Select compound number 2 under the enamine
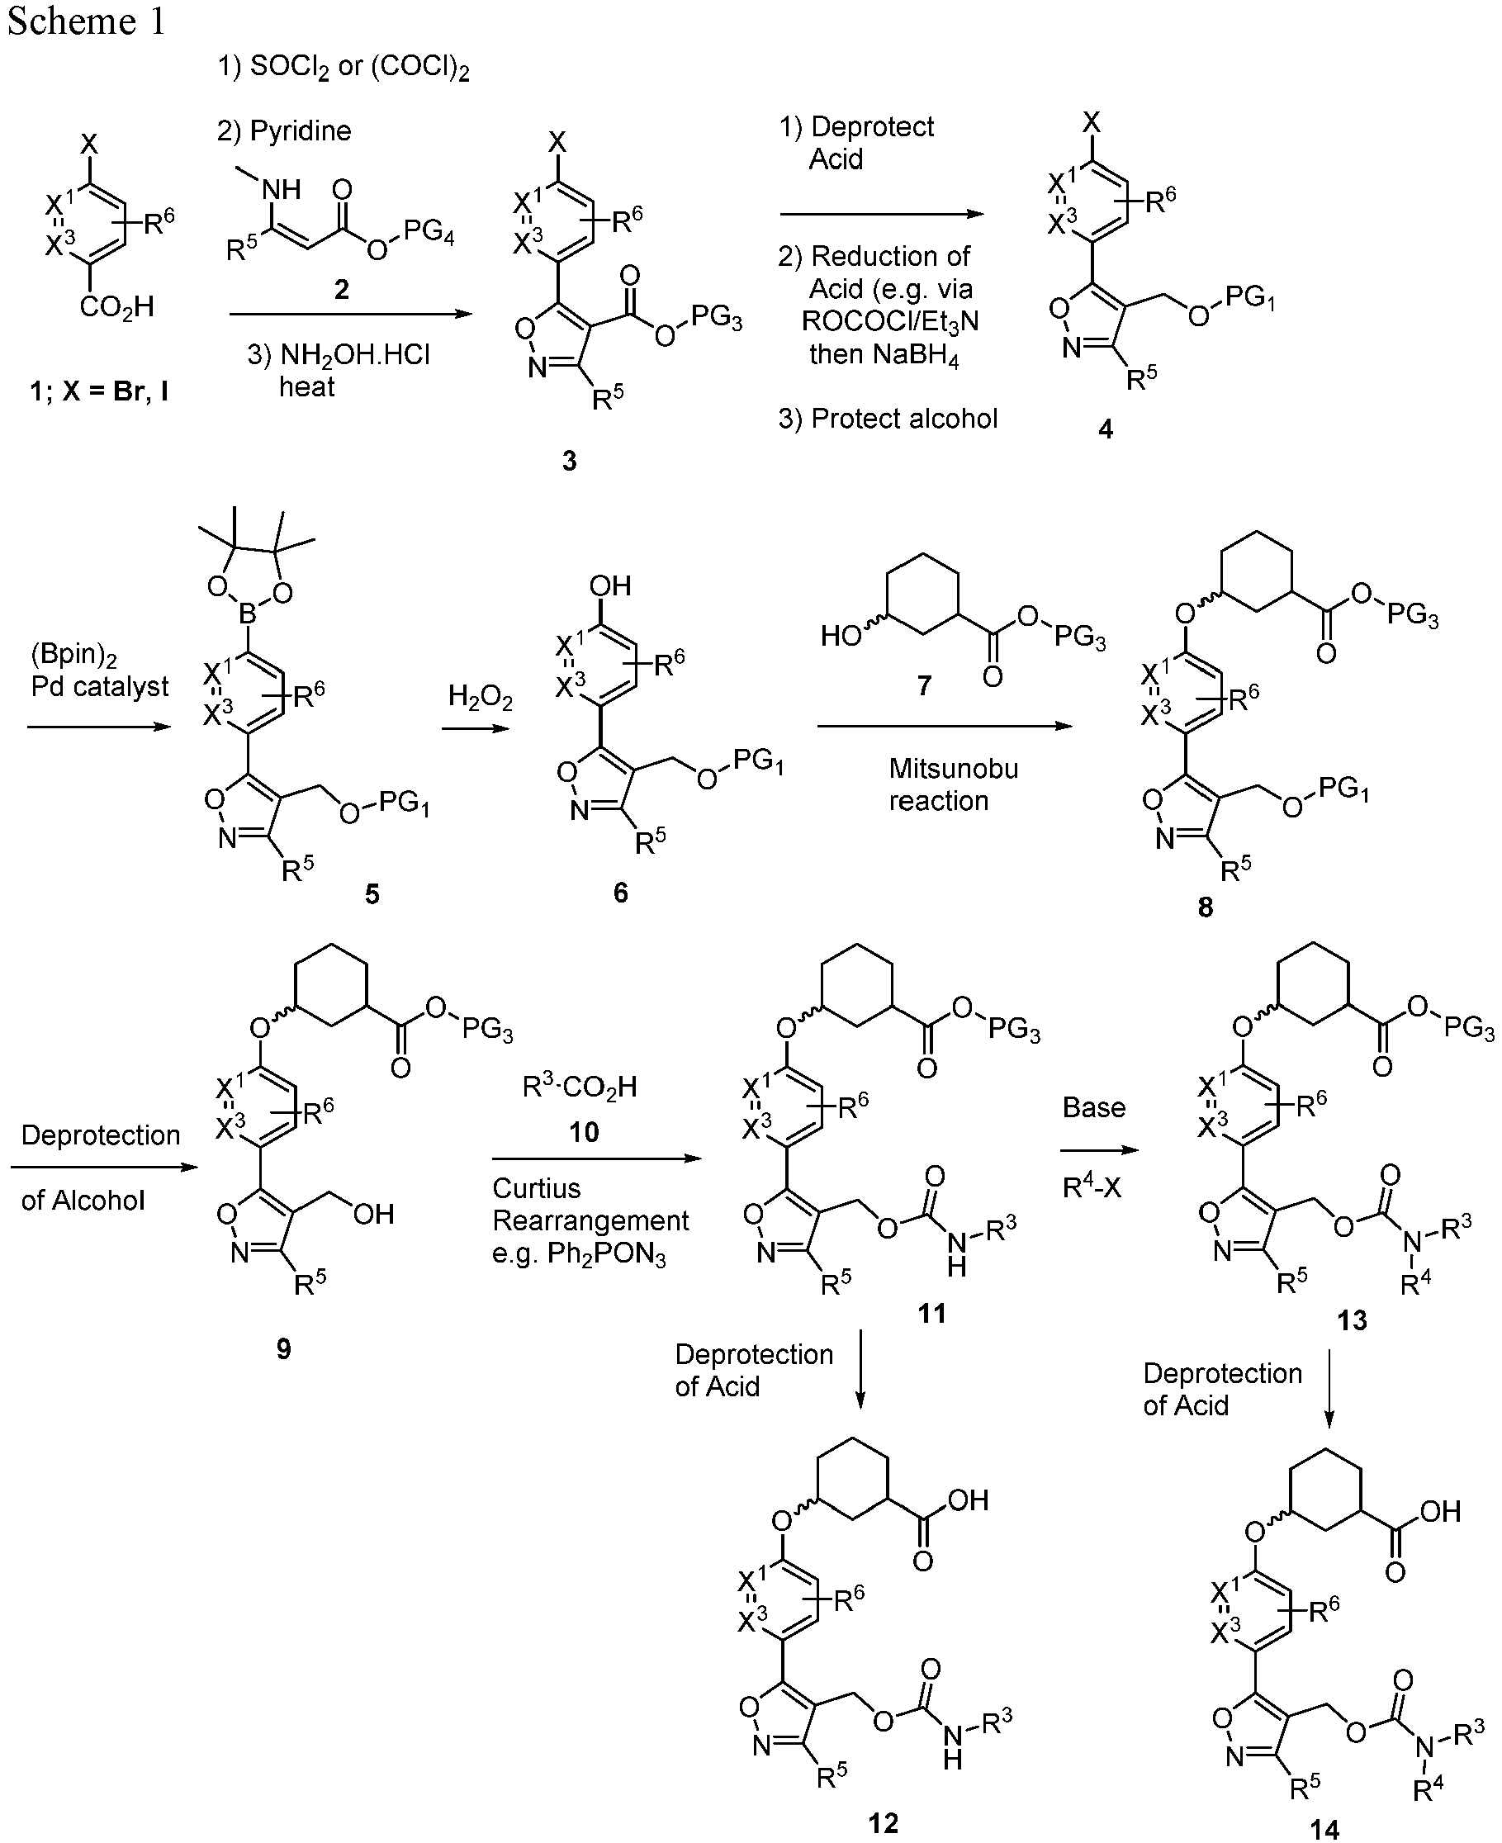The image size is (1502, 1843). (x=342, y=289)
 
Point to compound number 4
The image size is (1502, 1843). (x=1106, y=429)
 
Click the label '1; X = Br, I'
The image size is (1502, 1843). (x=99, y=391)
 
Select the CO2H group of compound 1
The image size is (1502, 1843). (x=116, y=306)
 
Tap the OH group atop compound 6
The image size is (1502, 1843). (x=610, y=585)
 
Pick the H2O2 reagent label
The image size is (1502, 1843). (x=481, y=697)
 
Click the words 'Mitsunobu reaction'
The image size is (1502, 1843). (x=953, y=784)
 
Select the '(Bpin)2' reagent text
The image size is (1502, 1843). (x=74, y=654)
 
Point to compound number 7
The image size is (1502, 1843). (x=923, y=685)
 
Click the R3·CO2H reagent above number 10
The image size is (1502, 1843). (x=580, y=1086)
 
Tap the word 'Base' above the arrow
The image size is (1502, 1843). (x=1093, y=1107)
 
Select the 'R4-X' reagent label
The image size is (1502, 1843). (x=1091, y=1187)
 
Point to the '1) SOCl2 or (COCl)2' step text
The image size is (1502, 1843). (x=344, y=68)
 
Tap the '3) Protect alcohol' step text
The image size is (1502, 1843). (x=888, y=419)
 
